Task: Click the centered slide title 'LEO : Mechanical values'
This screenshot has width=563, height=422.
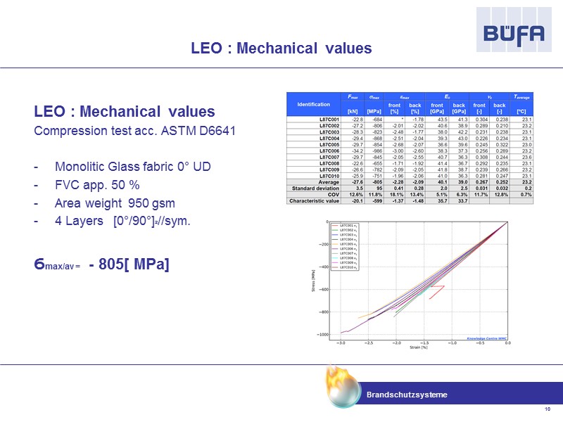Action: tap(281, 49)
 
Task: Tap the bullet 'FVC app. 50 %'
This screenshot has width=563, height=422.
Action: tap(94, 185)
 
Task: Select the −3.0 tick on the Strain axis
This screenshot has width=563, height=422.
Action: tap(341, 343)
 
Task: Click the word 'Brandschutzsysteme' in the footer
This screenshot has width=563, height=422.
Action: tap(407, 395)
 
